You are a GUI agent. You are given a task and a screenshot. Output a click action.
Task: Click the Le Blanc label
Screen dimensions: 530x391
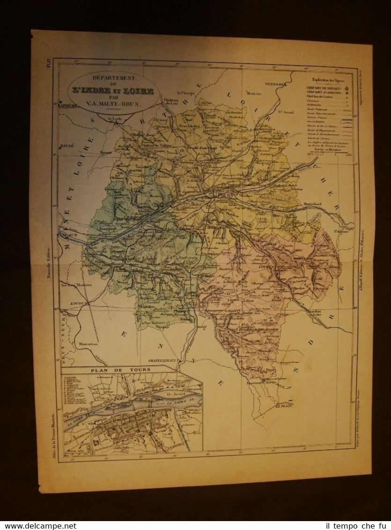point(283,406)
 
